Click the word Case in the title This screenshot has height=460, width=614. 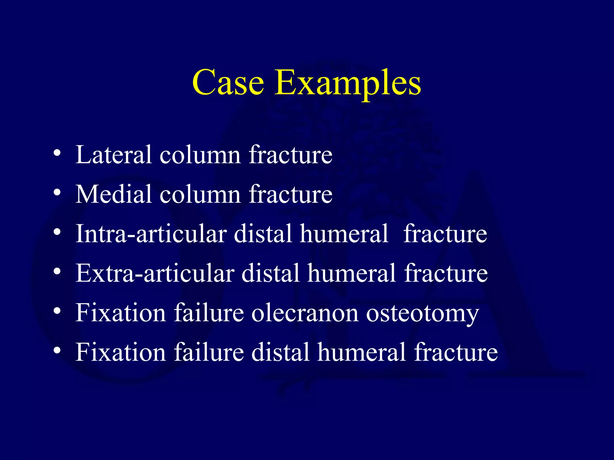tap(228, 82)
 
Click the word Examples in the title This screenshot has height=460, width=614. tap(348, 84)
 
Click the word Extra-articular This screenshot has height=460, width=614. tap(155, 273)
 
